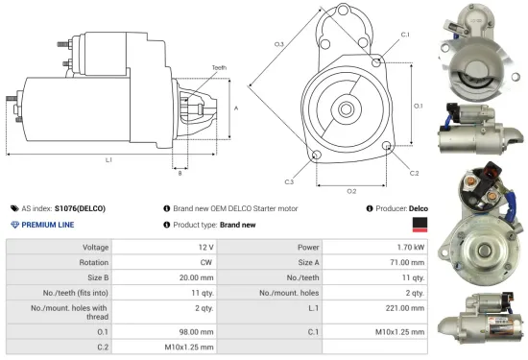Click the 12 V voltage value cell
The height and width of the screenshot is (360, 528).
205,247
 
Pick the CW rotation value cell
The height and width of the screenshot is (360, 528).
205,262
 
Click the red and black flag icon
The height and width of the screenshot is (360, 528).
420,225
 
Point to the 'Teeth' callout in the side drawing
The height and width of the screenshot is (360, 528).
219,67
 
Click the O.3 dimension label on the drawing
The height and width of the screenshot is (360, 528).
278,44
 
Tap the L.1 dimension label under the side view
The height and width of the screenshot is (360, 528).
108,158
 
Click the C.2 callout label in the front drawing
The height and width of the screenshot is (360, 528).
414,173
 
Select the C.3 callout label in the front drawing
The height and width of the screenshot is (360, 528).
289,180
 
